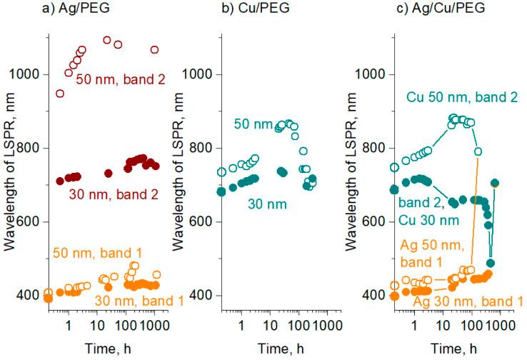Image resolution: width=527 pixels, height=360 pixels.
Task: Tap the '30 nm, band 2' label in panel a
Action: tap(114, 192)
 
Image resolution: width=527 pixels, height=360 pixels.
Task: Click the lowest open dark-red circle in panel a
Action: tap(60, 94)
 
